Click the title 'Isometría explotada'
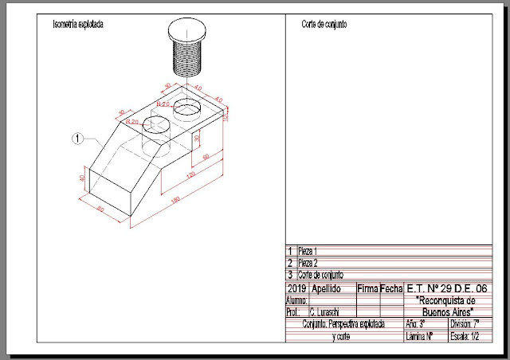(x=77, y=24)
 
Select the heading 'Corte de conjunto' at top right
(x=324, y=24)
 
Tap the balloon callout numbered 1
(x=77, y=138)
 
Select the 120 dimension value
(x=190, y=174)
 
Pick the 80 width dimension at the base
(x=100, y=209)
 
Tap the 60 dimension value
(x=206, y=157)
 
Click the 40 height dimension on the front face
(x=83, y=178)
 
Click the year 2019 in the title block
(x=296, y=288)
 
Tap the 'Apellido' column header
(x=328, y=288)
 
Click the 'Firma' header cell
(x=368, y=288)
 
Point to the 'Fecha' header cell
(x=391, y=288)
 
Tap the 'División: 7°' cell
(x=466, y=324)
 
